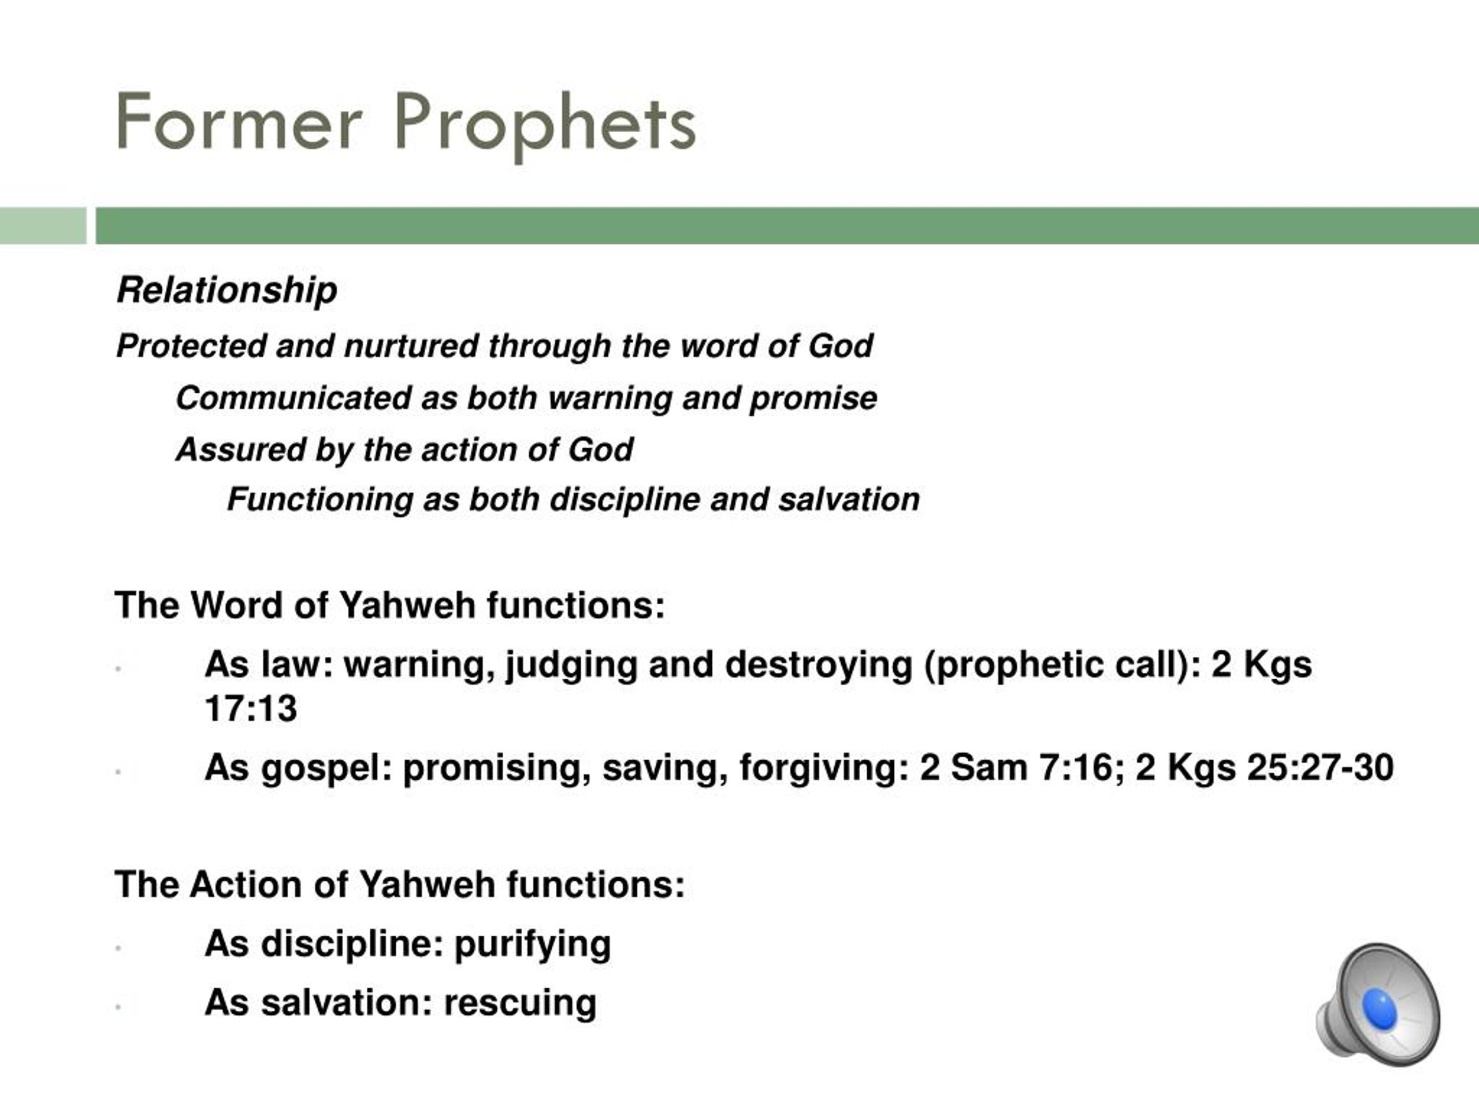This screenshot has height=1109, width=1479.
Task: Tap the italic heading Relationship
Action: pos(226,290)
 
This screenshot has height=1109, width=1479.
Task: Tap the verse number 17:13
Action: pos(251,708)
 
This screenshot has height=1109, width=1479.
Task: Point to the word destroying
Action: pos(819,666)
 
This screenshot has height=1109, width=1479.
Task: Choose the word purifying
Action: pos(532,945)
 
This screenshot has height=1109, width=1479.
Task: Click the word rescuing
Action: pos(519,1003)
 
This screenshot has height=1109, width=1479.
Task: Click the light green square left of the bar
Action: pos(43,226)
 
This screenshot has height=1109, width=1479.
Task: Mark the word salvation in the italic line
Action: pos(849,500)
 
